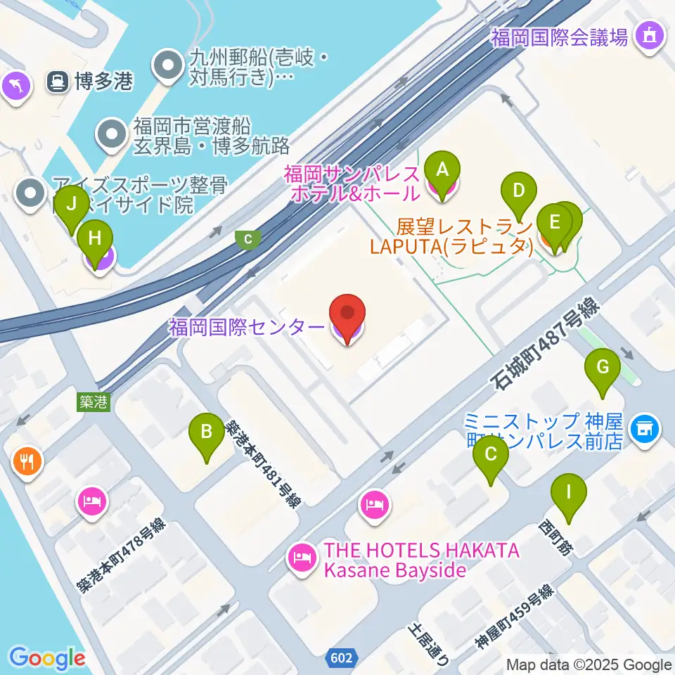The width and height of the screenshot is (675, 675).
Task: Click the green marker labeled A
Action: coord(442,170)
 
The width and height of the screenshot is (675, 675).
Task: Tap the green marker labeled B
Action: coord(207,432)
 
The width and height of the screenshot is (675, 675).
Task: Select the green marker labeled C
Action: coord(491,455)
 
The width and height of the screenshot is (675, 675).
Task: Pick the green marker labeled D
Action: coord(519,191)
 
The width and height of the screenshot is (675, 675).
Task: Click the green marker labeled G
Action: coord(603,368)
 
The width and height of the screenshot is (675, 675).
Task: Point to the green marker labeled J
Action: coord(71,206)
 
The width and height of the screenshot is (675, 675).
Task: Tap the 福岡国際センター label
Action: coord(246,327)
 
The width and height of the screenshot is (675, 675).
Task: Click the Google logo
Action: coord(47,658)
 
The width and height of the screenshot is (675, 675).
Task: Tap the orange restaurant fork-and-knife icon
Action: coord(27,461)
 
